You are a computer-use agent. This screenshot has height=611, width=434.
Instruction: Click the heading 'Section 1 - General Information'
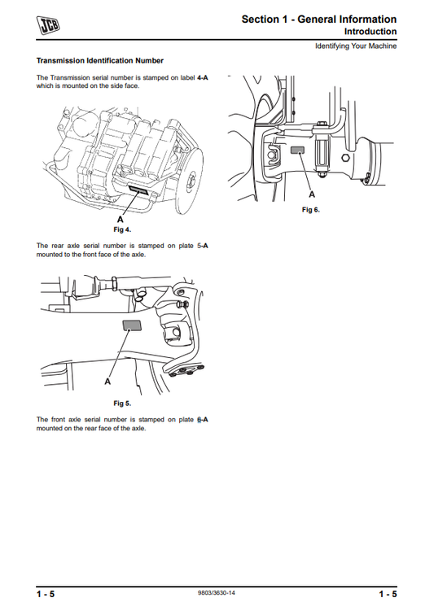[x=319, y=19]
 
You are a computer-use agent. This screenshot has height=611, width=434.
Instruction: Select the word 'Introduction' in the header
[x=370, y=32]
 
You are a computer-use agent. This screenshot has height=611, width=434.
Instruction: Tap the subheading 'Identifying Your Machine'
[x=356, y=46]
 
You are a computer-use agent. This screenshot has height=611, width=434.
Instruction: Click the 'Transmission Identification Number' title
[x=100, y=61]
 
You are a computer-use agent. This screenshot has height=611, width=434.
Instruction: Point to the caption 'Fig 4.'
[x=122, y=230]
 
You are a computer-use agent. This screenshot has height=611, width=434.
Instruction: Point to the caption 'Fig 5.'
[x=122, y=403]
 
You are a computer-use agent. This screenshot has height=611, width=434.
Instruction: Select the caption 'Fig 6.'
[x=311, y=210]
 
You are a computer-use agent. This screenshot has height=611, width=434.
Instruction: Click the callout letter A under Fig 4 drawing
[x=121, y=220]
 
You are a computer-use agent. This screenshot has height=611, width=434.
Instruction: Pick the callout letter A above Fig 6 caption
[x=311, y=196]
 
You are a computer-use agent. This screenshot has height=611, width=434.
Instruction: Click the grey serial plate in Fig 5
[x=131, y=326]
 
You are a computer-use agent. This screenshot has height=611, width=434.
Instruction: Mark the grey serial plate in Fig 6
[x=298, y=151]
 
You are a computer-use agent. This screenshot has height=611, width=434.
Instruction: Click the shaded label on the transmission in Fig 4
[x=139, y=188]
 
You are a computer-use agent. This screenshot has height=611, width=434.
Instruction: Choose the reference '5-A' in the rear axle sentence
[x=202, y=245]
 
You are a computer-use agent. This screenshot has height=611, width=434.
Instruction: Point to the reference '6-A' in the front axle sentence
[x=203, y=420]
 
